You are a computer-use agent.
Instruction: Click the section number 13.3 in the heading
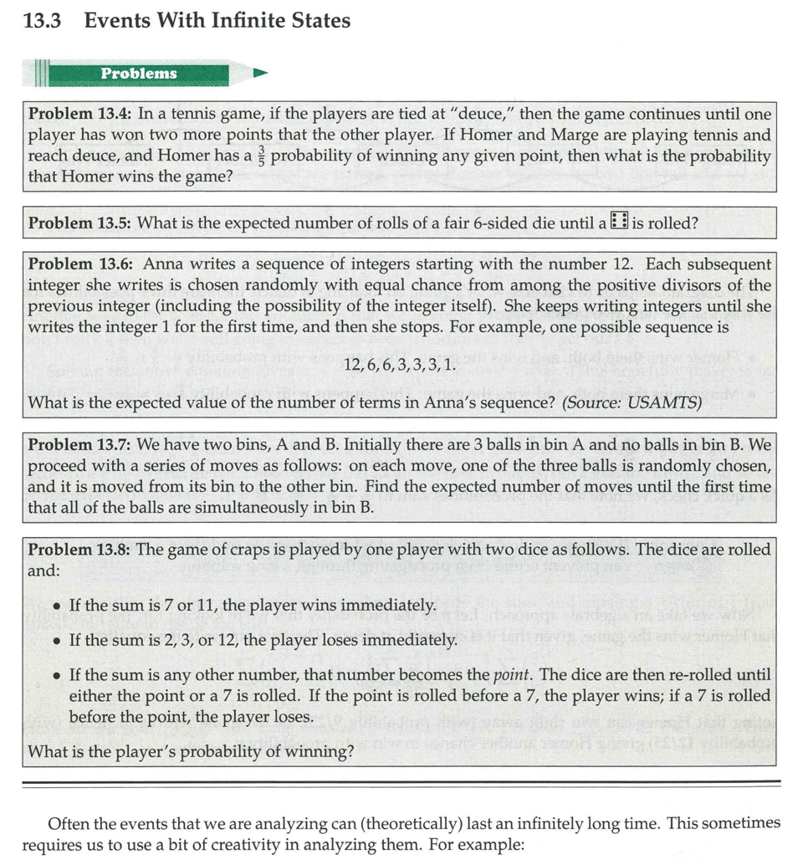(43, 21)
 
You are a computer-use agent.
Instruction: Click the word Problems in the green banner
(139, 74)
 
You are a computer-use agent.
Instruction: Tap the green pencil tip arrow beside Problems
(259, 74)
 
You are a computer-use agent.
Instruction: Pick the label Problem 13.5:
(80, 223)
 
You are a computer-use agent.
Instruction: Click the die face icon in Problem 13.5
(619, 222)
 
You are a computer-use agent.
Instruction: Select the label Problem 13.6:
(80, 264)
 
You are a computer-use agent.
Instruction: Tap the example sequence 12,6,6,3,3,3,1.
(401, 366)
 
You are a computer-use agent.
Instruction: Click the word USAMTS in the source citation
(669, 403)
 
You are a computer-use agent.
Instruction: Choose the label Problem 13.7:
(80, 445)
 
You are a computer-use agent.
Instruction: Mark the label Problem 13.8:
(80, 550)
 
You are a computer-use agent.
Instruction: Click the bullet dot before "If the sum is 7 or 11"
(55, 606)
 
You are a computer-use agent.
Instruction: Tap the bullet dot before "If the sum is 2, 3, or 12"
(55, 641)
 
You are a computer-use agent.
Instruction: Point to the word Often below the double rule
(69, 824)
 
